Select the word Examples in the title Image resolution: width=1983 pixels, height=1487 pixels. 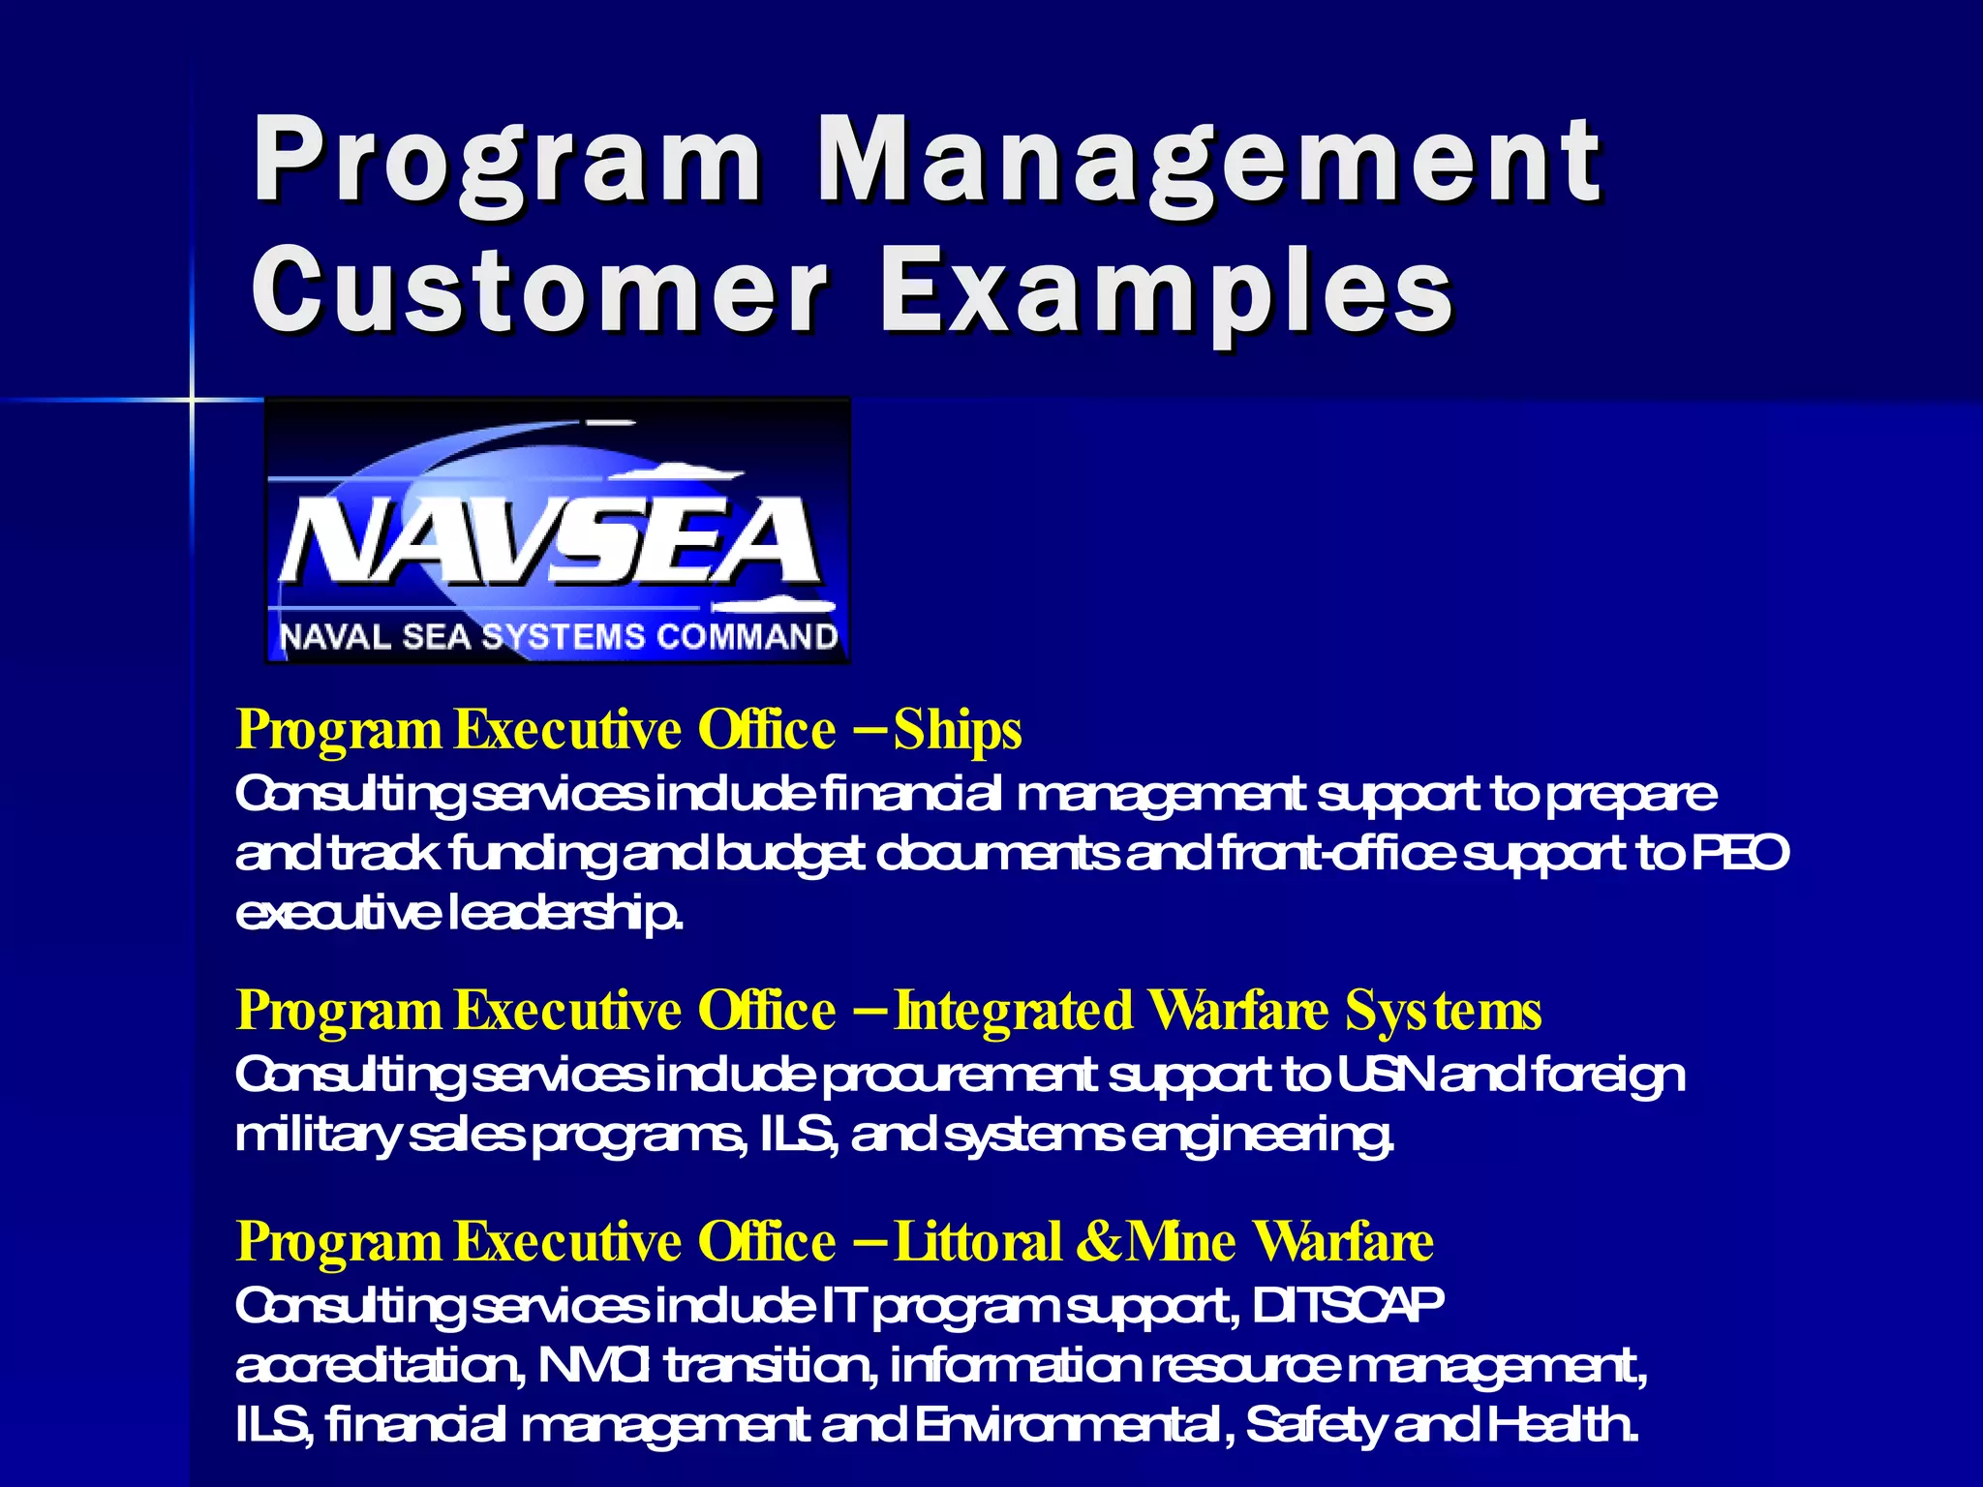tap(1167, 288)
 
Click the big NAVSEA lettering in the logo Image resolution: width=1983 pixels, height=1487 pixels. tap(550, 540)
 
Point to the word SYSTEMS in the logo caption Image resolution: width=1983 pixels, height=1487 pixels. tap(564, 637)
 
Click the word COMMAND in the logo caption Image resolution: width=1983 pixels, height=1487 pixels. tap(747, 637)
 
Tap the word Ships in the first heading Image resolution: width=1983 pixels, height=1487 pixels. tap(958, 730)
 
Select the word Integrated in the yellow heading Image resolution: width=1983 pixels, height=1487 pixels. tap(1013, 1011)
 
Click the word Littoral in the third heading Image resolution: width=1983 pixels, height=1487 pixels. tap(979, 1241)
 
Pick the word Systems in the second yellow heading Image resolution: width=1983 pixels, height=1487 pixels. tap(1443, 1011)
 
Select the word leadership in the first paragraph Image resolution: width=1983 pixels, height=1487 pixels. tap(565, 913)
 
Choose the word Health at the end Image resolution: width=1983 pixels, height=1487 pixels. tap(1563, 1424)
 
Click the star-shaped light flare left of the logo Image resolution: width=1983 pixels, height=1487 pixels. tap(192, 398)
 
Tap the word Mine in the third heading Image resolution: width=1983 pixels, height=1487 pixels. tap(1182, 1241)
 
